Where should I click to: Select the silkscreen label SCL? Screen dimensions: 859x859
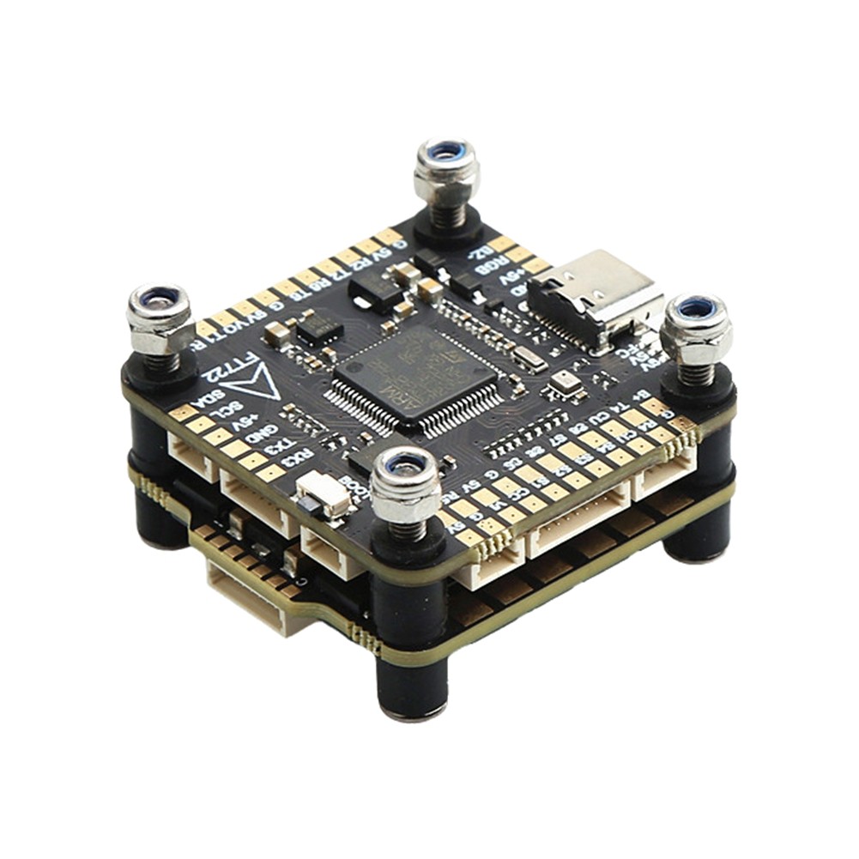pyautogui.click(x=225, y=410)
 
